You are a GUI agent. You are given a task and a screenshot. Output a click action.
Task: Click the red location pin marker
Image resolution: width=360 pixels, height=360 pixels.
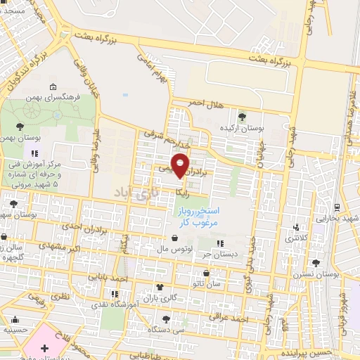coord(181,165)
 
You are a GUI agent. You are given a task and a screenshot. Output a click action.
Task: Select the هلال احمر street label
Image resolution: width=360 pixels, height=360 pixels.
coord(205,103)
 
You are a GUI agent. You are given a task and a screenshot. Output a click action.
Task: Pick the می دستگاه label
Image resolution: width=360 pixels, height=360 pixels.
coord(170,328)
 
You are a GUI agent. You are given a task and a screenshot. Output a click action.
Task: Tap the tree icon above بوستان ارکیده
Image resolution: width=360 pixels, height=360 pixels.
coord(243,115)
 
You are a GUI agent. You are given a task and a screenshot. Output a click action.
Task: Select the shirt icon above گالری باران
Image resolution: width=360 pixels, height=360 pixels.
coord(160,287)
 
